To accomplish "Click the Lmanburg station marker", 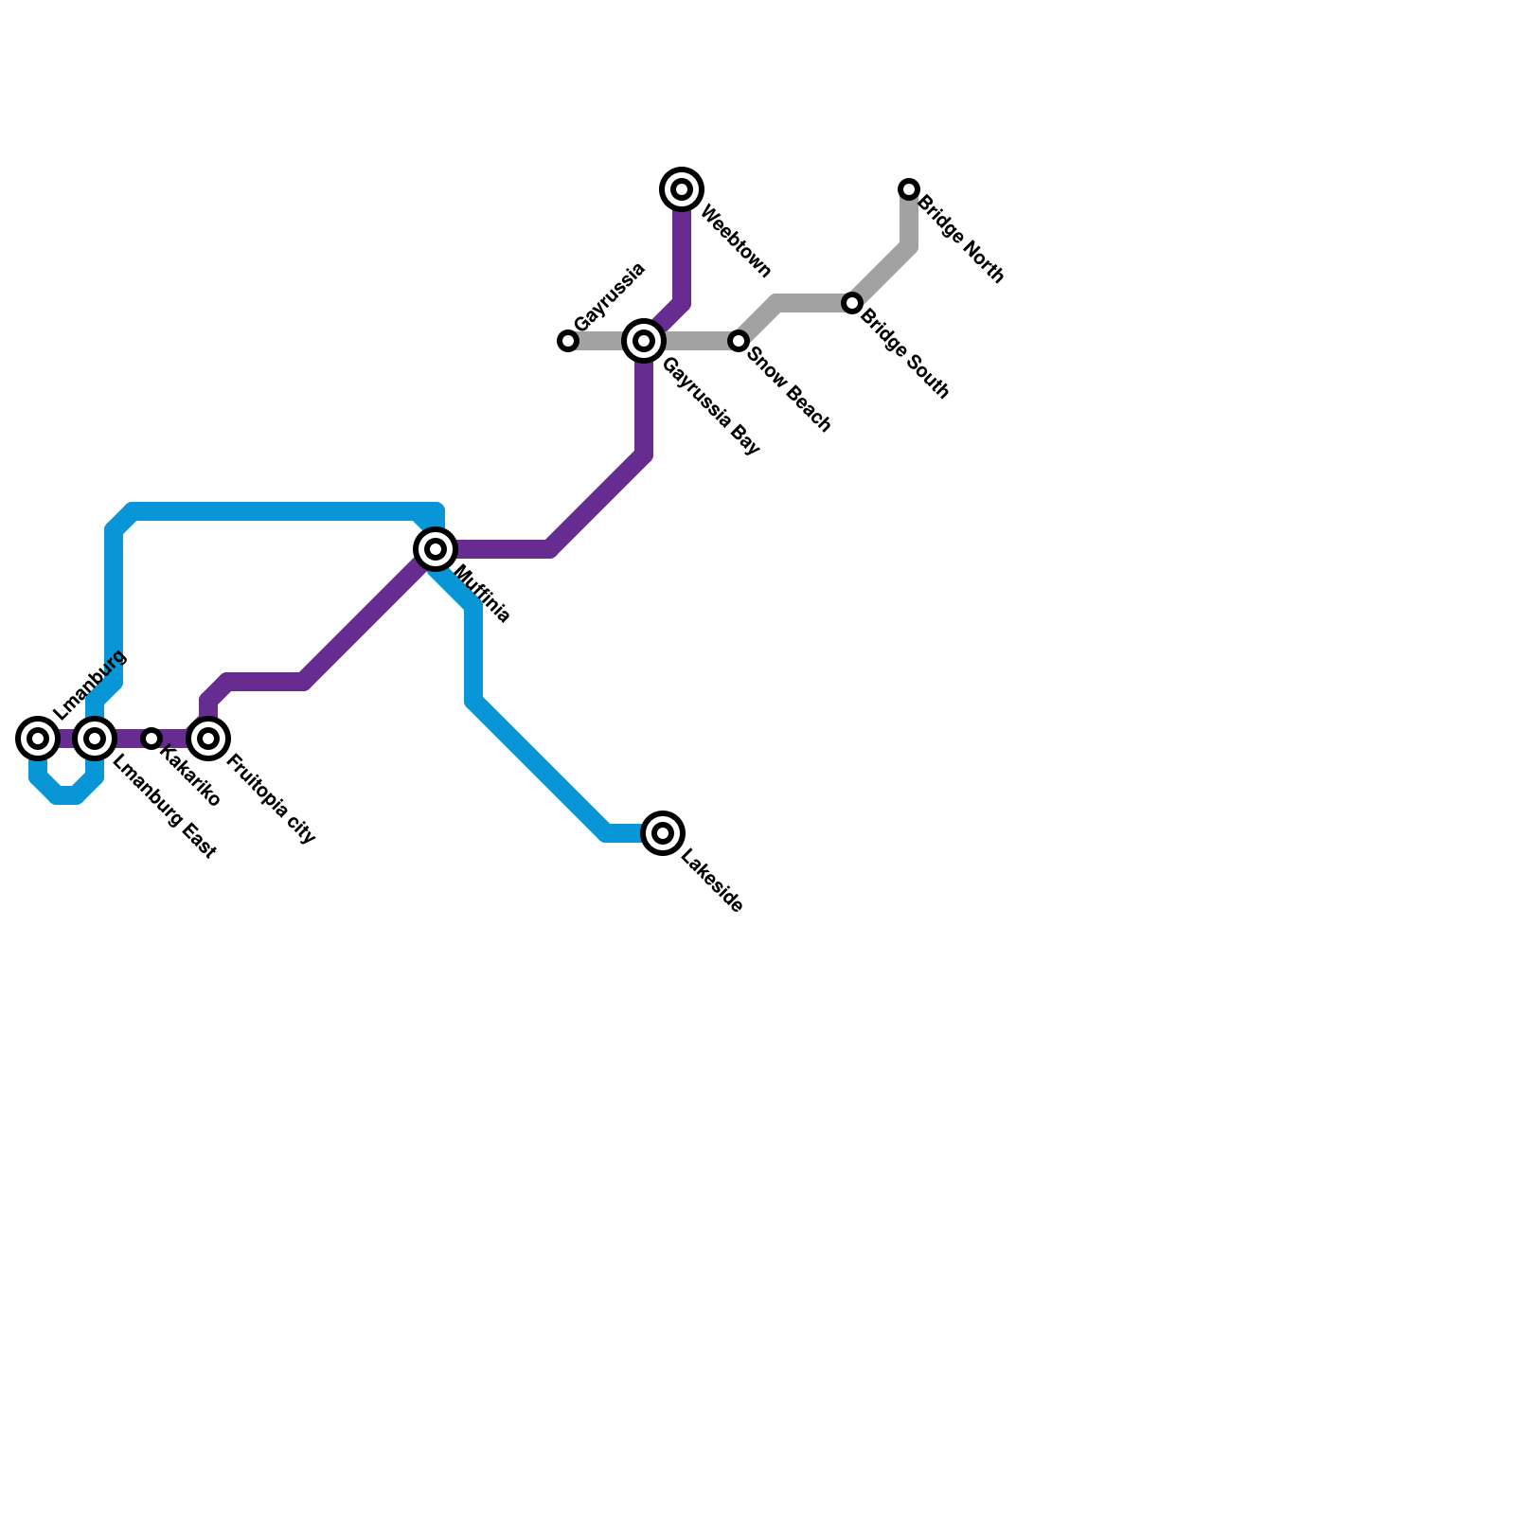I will click(x=38, y=739).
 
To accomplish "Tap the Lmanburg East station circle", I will click(x=95, y=739).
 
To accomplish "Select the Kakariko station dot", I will click(x=151, y=739).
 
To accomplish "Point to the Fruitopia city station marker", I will click(x=208, y=739).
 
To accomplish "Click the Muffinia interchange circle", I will click(x=436, y=548).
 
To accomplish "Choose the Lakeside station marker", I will click(x=663, y=833).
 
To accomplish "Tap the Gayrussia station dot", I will click(x=568, y=341).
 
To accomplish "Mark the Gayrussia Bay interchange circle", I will click(x=644, y=341).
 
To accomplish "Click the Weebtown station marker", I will click(x=682, y=189).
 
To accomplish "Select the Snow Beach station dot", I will click(x=739, y=341).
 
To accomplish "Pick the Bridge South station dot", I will click(x=852, y=303).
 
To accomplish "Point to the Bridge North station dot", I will click(x=909, y=189).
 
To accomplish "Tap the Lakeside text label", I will click(x=712, y=884).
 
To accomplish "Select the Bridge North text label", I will click(x=960, y=239).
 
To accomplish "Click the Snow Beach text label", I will click(x=789, y=390).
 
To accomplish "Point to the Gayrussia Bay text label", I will click(x=711, y=406).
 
